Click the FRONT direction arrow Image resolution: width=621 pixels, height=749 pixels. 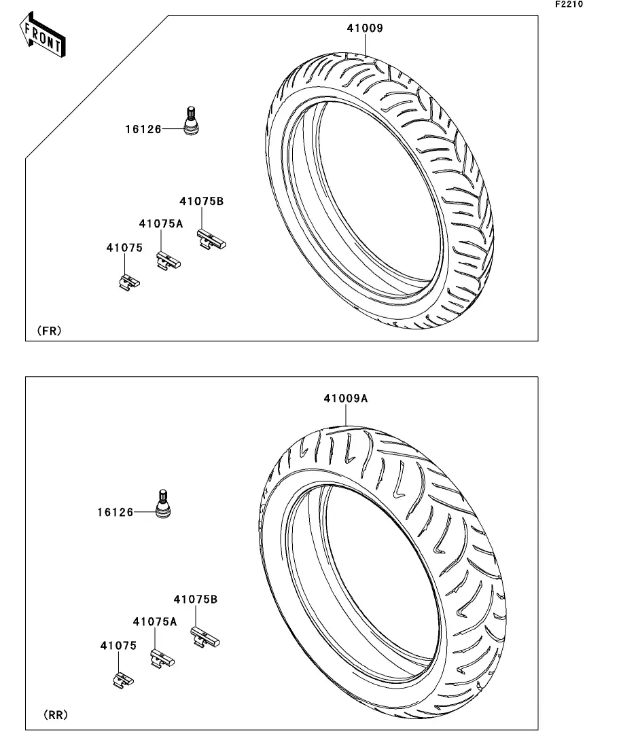pos(43,35)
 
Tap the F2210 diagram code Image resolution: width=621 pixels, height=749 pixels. pos(569,4)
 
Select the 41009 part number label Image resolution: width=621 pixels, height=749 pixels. pos(365,29)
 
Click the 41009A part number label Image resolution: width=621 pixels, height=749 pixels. pos(346,399)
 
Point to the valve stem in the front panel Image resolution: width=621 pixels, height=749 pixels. pos(191,121)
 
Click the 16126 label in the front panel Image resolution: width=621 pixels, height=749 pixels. pos(143,129)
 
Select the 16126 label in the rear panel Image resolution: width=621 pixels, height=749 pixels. pos(116,512)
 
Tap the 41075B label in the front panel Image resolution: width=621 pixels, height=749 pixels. pos(201,201)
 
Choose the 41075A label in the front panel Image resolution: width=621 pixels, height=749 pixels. pos(160,223)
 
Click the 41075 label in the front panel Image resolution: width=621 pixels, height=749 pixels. pos(124,247)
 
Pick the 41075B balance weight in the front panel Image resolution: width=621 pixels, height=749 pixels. pos(211,239)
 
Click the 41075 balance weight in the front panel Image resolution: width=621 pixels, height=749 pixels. pos(129,282)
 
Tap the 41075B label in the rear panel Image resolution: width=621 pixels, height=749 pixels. pos(196,599)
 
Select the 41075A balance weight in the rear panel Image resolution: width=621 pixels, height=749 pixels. pos(162,659)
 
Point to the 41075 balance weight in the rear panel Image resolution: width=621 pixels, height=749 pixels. pos(124,680)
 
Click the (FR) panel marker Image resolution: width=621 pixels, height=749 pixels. pos(49,331)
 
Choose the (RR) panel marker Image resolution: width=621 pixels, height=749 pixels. pos(56,714)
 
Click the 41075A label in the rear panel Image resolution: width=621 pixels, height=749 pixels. pos(155,621)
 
